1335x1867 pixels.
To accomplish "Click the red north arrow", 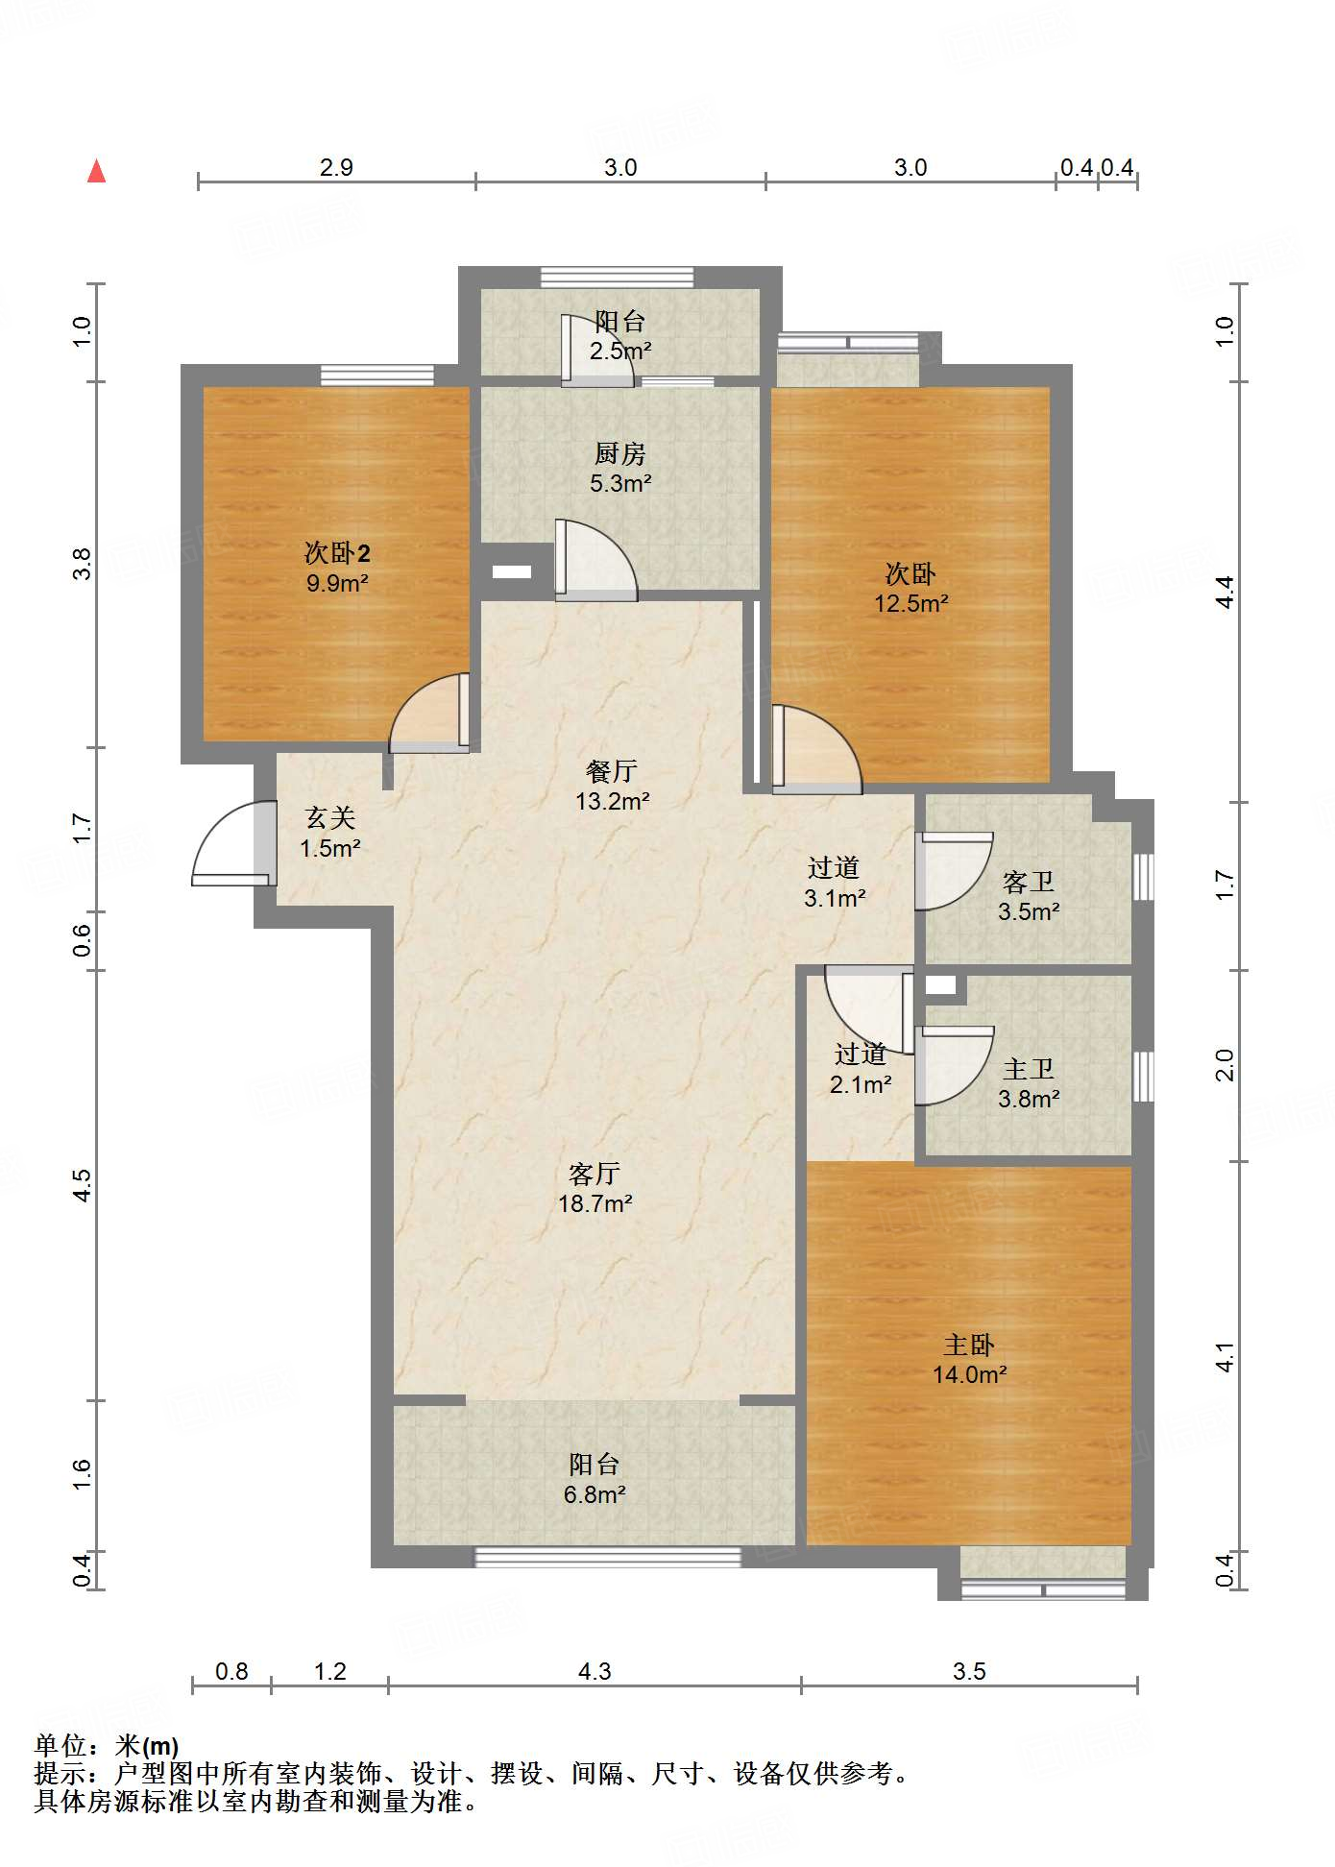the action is tap(96, 171).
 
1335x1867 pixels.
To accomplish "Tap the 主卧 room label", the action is tap(969, 1345).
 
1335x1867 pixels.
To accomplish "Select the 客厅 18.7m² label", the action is tap(595, 1188).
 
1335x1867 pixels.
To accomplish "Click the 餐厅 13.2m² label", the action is tap(613, 786).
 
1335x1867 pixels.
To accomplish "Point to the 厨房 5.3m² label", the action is tap(620, 468).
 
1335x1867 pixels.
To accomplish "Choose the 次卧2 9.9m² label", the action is tap(337, 568).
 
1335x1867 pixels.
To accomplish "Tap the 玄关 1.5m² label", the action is tap(330, 833).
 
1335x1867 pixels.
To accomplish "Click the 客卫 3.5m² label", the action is tap(1029, 896).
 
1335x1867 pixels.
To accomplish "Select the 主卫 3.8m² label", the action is tap(1029, 1083).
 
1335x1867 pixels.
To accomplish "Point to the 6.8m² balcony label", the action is tap(595, 1479).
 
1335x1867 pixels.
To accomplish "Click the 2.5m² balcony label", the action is tap(620, 336).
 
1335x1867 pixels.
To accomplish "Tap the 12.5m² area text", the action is tap(911, 603).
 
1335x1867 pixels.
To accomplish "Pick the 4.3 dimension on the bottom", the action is tap(595, 1672).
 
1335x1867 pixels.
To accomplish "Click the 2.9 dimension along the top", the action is tap(336, 167).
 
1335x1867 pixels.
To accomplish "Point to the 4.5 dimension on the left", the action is tap(83, 1184).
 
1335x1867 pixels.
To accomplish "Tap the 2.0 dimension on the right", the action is tap(1225, 1065).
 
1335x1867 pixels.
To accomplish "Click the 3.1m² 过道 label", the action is tap(835, 883).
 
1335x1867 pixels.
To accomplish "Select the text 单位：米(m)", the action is tap(107, 1745).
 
